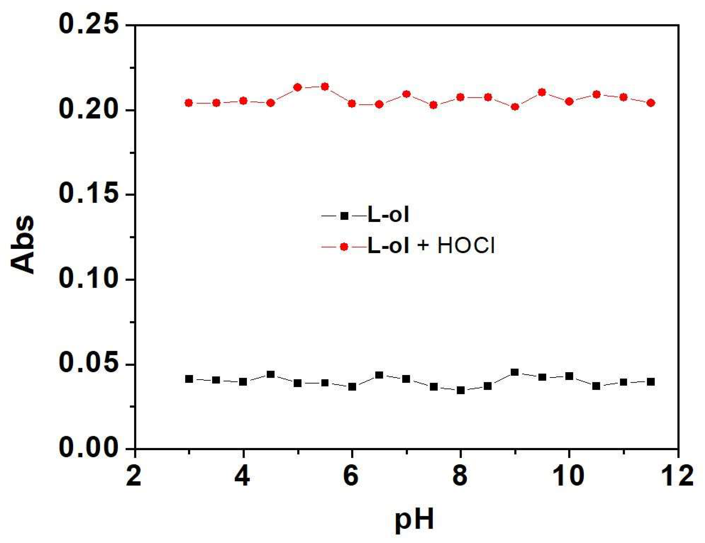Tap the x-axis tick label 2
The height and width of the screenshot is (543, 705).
tap(134, 477)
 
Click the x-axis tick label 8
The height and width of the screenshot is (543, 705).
tap(460, 477)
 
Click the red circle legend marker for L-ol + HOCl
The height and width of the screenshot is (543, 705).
tap(344, 247)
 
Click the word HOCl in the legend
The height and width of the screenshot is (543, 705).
tap(466, 247)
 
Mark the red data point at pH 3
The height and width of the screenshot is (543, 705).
tap(189, 103)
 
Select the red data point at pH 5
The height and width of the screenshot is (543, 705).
tap(298, 87)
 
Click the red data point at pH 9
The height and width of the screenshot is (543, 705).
tap(515, 107)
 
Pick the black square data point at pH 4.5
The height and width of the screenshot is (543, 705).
tap(271, 374)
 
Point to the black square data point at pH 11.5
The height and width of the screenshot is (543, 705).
tap(651, 382)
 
